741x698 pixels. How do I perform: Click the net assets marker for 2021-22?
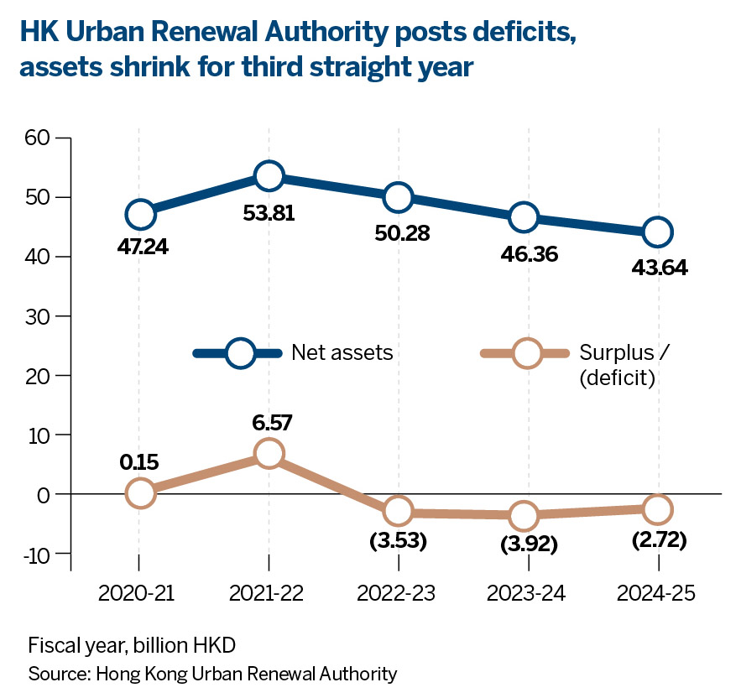[x=269, y=175]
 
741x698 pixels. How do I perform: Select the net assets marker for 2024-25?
[x=657, y=232]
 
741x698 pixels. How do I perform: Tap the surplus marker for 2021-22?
[x=269, y=454]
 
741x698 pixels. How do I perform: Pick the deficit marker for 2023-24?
[x=524, y=515]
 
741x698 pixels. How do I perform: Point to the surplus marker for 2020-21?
[x=139, y=492]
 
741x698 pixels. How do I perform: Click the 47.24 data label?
[x=140, y=248]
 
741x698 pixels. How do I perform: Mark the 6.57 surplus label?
[x=269, y=422]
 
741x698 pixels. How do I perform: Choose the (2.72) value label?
[x=657, y=540]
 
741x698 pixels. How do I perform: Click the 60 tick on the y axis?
[x=39, y=138]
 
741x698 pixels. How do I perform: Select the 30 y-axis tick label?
[x=39, y=316]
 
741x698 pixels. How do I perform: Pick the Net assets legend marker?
[x=240, y=353]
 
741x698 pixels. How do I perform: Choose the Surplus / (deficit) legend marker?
[x=527, y=353]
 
